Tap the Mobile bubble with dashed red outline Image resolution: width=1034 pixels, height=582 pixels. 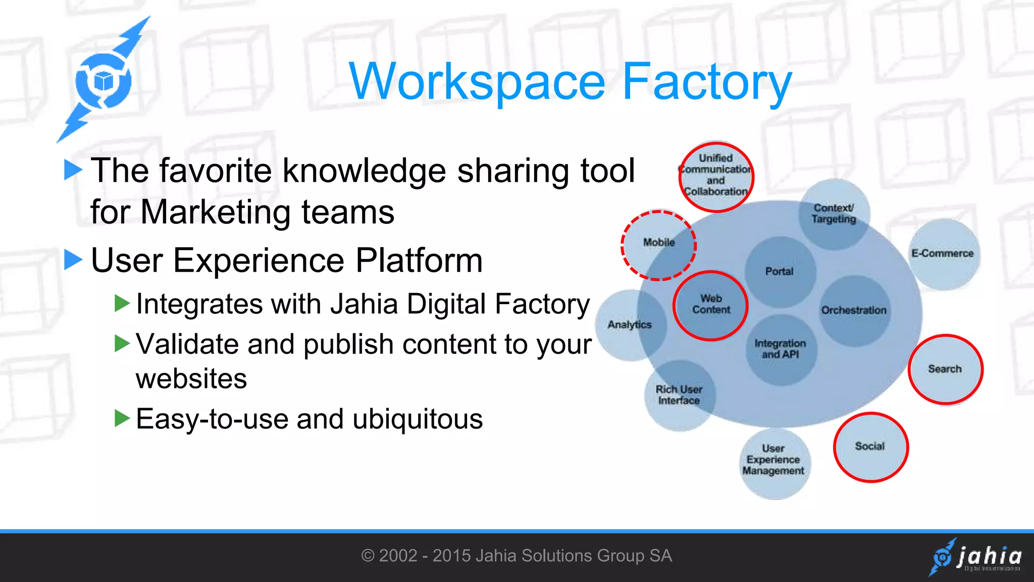click(x=659, y=245)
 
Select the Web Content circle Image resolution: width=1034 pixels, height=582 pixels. click(x=711, y=306)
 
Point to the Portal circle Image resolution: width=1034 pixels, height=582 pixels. click(x=780, y=272)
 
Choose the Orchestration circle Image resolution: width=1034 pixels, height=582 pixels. click(x=854, y=310)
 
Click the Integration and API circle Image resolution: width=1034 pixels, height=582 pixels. click(x=781, y=349)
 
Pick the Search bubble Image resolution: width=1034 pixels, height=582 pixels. click(x=945, y=369)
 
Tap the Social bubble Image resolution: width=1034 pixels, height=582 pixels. click(x=870, y=447)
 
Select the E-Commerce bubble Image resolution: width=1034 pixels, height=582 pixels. click(x=943, y=254)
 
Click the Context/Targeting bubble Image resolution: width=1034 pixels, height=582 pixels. click(x=834, y=214)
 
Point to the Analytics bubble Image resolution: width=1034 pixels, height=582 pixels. click(x=630, y=325)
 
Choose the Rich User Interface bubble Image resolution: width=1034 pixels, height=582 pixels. click(x=679, y=395)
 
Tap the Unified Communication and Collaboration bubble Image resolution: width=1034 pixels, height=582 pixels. click(x=716, y=175)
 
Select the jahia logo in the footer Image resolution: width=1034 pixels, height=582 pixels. click(x=976, y=557)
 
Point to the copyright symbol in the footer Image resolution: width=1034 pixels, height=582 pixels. click(x=368, y=556)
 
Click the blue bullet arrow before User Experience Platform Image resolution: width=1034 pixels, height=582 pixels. click(x=73, y=260)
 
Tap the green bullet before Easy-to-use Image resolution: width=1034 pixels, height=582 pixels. click(x=122, y=418)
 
